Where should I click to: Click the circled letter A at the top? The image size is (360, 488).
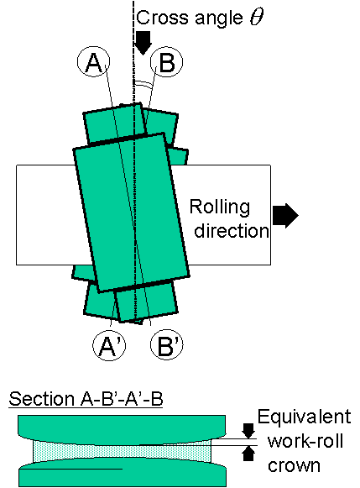(x=93, y=62)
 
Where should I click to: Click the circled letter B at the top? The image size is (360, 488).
(x=167, y=62)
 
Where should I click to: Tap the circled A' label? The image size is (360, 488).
(x=109, y=345)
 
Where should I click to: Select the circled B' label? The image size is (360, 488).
(x=167, y=345)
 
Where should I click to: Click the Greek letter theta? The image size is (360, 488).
(x=256, y=18)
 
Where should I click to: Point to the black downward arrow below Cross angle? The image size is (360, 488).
(x=143, y=43)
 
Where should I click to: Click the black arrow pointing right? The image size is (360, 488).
(x=285, y=215)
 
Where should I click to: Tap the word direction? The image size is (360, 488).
(x=232, y=231)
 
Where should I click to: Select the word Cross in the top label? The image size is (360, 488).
(x=162, y=18)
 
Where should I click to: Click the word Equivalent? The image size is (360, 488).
(x=304, y=417)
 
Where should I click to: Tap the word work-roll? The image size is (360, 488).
(x=305, y=441)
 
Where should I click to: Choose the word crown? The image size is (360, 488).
(x=294, y=465)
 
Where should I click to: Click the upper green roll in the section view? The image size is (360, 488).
(x=122, y=427)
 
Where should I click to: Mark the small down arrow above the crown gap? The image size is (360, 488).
(x=248, y=430)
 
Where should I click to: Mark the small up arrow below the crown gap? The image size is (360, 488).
(x=248, y=454)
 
